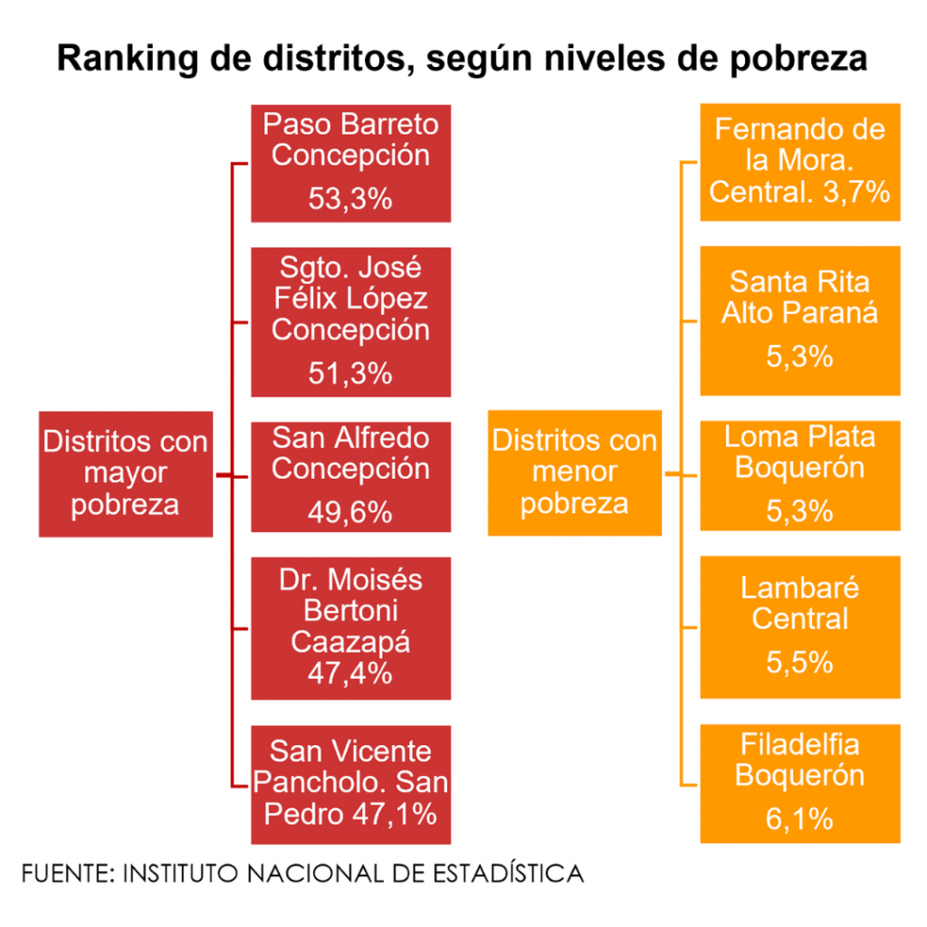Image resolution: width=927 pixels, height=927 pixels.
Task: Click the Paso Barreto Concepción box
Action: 350,163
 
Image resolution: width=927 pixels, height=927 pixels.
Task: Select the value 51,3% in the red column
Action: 350,373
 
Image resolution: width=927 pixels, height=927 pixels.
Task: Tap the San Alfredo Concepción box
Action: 350,476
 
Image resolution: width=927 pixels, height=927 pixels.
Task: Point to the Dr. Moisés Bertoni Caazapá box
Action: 350,628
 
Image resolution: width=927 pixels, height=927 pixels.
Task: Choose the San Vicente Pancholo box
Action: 350,784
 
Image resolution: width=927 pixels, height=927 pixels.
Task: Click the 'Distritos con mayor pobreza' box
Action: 126,473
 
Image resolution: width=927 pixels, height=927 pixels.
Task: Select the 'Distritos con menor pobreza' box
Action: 574,473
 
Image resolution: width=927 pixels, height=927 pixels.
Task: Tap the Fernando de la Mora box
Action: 799,161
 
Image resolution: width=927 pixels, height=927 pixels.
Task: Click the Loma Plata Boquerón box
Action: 799,474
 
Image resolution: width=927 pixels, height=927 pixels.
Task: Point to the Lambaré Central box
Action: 799,626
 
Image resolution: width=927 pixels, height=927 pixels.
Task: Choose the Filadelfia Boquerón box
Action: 799,784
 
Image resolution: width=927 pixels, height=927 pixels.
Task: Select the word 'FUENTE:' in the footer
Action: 66,874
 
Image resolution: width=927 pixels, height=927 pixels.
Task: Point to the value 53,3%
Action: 350,198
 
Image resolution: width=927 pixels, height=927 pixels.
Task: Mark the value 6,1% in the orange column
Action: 799,820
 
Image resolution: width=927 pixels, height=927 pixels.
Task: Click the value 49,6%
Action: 350,512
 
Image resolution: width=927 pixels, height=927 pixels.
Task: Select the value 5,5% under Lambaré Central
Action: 799,662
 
